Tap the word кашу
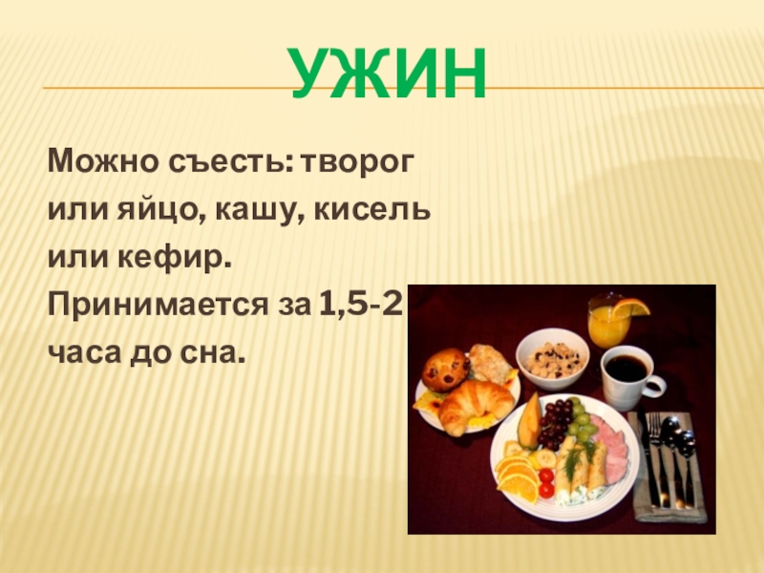pyautogui.click(x=256, y=208)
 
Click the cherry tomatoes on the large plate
pyautogui.click(x=545, y=481)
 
